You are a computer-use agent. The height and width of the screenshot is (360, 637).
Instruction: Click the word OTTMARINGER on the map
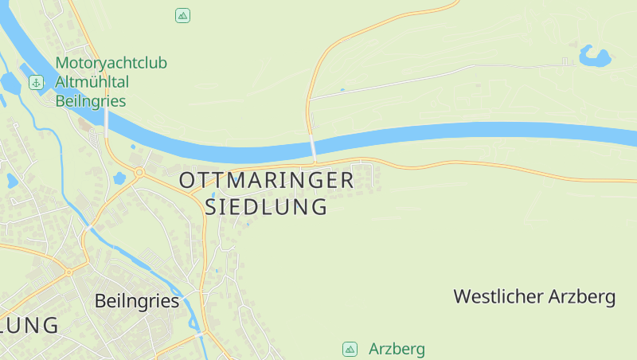pyautogui.click(x=267, y=180)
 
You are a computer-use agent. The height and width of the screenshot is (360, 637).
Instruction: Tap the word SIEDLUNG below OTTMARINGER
pyautogui.click(x=267, y=207)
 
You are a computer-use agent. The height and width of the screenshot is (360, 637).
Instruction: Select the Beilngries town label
pyautogui.click(x=136, y=301)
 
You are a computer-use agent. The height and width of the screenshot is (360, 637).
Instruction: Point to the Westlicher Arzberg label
pyautogui.click(x=534, y=297)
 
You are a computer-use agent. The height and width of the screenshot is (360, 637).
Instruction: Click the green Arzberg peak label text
pyautogui.click(x=397, y=349)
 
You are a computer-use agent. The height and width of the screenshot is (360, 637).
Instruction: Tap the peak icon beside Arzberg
pyautogui.click(x=350, y=349)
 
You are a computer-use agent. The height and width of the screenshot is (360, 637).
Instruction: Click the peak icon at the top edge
pyautogui.click(x=183, y=15)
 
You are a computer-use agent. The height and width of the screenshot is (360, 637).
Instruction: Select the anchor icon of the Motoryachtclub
pyautogui.click(x=36, y=82)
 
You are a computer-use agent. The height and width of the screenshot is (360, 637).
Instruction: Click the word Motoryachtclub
pyautogui.click(x=111, y=63)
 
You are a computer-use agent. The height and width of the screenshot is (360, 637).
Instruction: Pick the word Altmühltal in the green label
pyautogui.click(x=92, y=82)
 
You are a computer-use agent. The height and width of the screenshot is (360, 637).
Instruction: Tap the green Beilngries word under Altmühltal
pyautogui.click(x=91, y=101)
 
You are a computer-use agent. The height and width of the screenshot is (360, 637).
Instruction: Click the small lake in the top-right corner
pyautogui.click(x=596, y=56)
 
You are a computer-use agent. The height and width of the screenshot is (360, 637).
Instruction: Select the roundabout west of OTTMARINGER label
pyautogui.click(x=139, y=172)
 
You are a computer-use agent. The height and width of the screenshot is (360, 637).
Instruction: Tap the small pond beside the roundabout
pyautogui.click(x=119, y=177)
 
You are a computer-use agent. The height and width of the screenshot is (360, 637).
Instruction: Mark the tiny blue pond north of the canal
pyautogui.click(x=342, y=90)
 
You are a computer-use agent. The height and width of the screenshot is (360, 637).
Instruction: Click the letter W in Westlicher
pyautogui.click(x=462, y=297)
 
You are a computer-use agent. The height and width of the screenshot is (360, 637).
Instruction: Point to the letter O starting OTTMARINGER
pyautogui.click(x=187, y=180)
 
